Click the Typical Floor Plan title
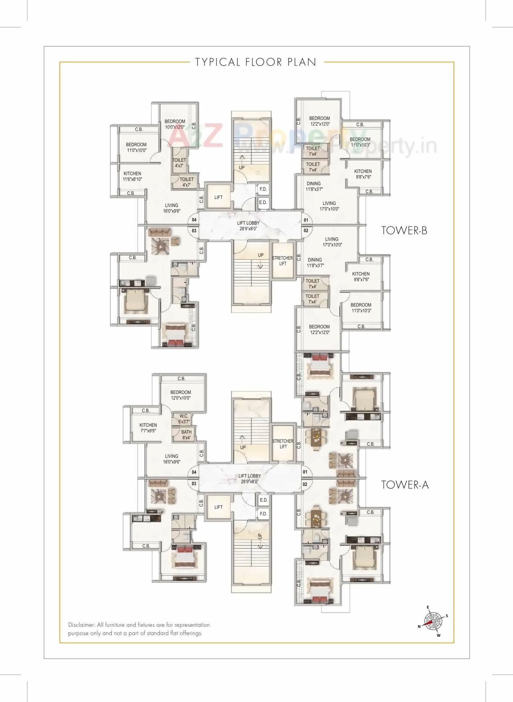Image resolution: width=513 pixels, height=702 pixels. pos(256,62)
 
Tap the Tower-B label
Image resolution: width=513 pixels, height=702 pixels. pos(404,231)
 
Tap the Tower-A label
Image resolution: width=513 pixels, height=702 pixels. pos(405,485)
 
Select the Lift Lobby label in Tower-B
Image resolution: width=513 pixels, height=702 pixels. pos(248,226)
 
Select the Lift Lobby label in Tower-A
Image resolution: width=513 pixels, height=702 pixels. pos(249,479)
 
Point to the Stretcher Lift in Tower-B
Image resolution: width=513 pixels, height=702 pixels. pos(283,261)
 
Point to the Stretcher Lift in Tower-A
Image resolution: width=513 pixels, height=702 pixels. pos(283,443)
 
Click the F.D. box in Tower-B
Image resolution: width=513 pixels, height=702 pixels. pos(263,189)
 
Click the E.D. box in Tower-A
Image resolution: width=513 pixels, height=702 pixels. pos(263,500)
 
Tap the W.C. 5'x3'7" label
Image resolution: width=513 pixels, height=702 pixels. pos(184,419)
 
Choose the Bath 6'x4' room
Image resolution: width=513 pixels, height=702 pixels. pos(186,435)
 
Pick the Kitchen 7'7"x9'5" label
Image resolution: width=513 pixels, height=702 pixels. pos(148,428)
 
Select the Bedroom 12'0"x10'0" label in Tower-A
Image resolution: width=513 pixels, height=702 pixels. pos(180,395)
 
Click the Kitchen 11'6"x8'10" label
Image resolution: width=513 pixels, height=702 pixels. pos(132,177)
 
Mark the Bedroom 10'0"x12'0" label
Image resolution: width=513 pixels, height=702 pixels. pos(175,124)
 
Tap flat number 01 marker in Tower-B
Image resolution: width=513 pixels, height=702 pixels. pos(306,220)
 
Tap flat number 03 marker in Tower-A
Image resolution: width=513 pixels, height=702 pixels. pos(194,483)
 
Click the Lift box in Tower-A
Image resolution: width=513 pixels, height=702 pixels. pos(218,507)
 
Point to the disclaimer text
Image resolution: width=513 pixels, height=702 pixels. pos(139,629)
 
